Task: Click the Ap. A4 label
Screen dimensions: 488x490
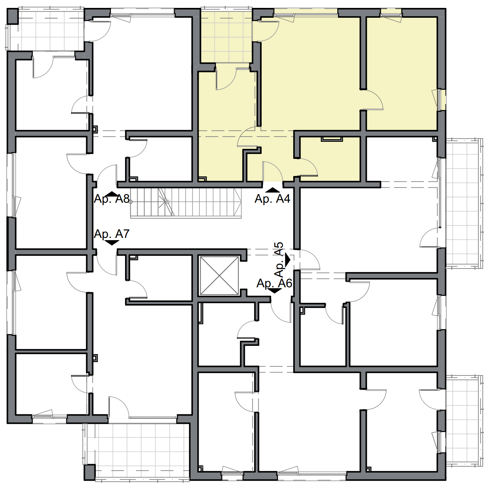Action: [x=272, y=199]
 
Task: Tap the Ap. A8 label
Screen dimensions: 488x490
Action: [x=112, y=199]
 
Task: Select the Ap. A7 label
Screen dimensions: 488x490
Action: [x=112, y=234]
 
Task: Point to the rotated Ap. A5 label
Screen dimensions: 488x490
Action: [x=279, y=260]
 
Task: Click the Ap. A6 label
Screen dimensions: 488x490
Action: [x=274, y=283]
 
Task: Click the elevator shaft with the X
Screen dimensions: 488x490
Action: [x=219, y=276]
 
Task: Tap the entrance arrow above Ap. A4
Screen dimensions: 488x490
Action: [x=272, y=190]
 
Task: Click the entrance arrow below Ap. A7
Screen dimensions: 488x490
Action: [x=112, y=243]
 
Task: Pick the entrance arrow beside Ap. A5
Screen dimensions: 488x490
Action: [x=287, y=260]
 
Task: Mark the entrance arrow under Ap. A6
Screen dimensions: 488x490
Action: [x=274, y=291]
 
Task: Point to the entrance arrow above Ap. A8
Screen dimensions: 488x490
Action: [x=112, y=193]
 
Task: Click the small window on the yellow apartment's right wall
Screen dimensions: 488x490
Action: [x=441, y=100]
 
